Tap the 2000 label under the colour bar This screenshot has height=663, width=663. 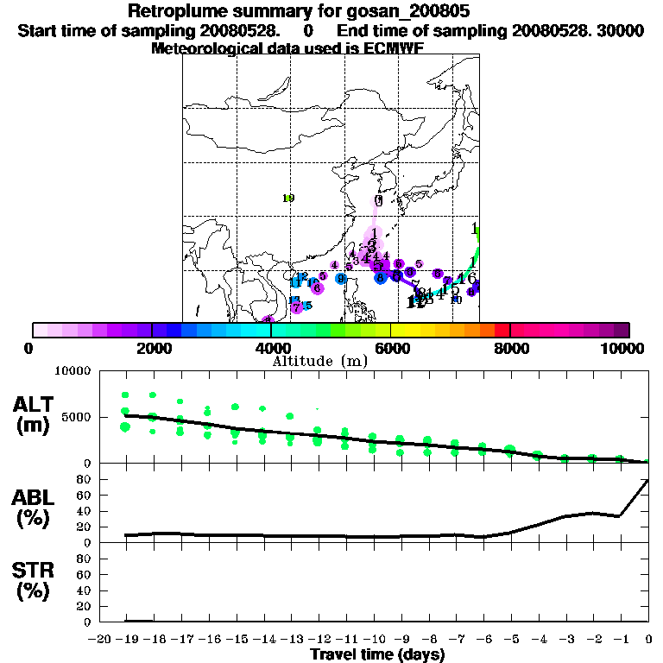151,348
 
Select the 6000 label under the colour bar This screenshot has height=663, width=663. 391,348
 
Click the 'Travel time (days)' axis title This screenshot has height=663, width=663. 377,655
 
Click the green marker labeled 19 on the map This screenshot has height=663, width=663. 288,199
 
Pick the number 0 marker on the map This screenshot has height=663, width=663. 378,200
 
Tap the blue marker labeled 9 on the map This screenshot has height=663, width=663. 342,279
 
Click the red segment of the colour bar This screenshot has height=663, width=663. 502,330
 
